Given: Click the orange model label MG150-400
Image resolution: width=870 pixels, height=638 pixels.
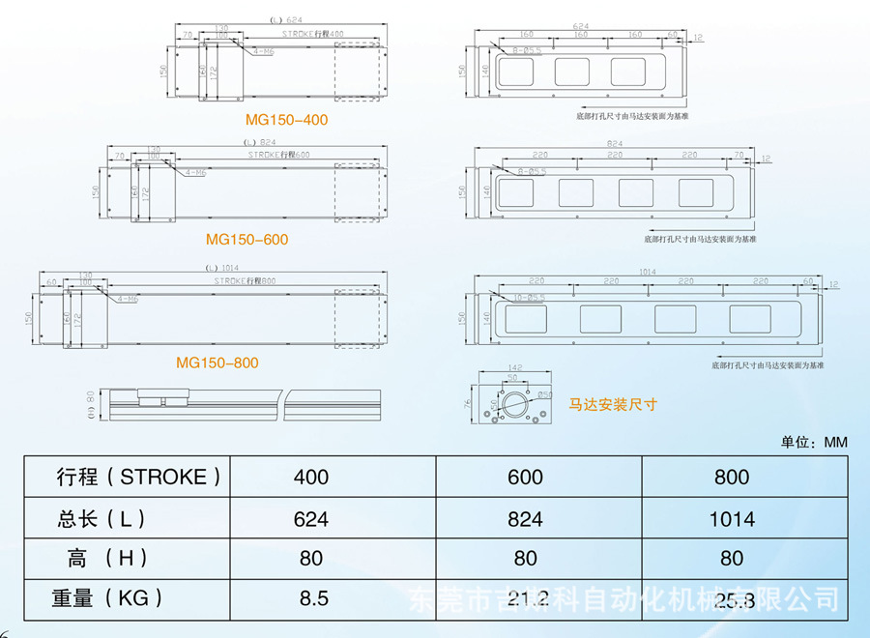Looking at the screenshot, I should pyautogui.click(x=286, y=121).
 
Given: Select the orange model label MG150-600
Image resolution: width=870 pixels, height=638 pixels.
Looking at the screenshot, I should pyautogui.click(x=246, y=240).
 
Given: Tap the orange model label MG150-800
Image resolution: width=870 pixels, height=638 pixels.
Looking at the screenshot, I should pyautogui.click(x=217, y=363).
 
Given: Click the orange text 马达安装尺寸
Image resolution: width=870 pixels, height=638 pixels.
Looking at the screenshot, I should pyautogui.click(x=612, y=404).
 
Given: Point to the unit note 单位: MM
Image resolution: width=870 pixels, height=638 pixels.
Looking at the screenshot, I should pyautogui.click(x=814, y=442).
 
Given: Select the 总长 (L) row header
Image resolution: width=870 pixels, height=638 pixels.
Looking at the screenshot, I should pyautogui.click(x=101, y=519).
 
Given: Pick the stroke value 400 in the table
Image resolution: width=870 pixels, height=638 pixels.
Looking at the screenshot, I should pyautogui.click(x=311, y=477).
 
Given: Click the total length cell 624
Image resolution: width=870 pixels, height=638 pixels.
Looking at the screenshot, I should pyautogui.click(x=311, y=519).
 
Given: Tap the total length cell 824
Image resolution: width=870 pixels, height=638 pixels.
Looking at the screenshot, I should pyautogui.click(x=525, y=519).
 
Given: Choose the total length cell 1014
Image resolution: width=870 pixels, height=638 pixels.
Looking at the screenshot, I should pyautogui.click(x=732, y=519).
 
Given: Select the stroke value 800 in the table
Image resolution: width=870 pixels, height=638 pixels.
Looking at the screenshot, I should pyautogui.click(x=732, y=477).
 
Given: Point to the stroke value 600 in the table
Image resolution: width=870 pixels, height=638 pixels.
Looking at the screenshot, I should pyautogui.click(x=525, y=477).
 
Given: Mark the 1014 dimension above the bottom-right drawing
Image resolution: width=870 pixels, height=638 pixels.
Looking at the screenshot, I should pyautogui.click(x=648, y=273).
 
